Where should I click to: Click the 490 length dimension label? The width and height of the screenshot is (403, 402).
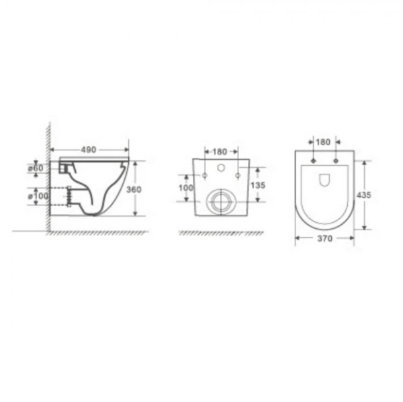(x=89, y=150)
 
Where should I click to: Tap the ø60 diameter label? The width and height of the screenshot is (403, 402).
(x=36, y=168)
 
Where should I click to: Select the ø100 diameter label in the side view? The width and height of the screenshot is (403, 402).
(x=38, y=196)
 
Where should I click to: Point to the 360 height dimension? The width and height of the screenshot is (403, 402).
(x=134, y=189)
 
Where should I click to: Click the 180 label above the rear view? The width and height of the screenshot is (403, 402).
(x=220, y=152)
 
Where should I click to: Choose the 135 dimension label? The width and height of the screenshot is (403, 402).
(x=258, y=185)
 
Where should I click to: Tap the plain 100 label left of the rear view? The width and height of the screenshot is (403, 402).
(x=186, y=188)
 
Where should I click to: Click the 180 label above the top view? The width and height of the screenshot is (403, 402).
(x=323, y=142)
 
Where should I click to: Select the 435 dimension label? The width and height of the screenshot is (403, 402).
(x=364, y=195)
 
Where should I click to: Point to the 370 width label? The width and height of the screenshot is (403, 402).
(x=325, y=239)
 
